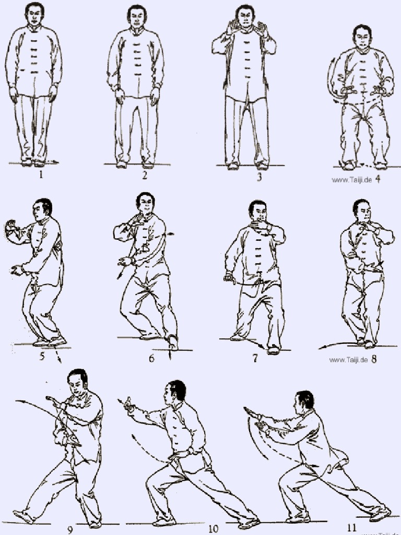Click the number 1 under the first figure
[x=41, y=176]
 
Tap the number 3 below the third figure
[x=259, y=177]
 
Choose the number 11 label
[x=352, y=528]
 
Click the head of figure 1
[x=34, y=15]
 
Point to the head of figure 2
[x=137, y=16]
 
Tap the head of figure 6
[x=145, y=203]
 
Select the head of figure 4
[x=362, y=37]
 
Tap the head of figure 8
[x=362, y=210]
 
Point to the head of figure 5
[x=42, y=209]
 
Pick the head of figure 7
[x=258, y=211]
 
